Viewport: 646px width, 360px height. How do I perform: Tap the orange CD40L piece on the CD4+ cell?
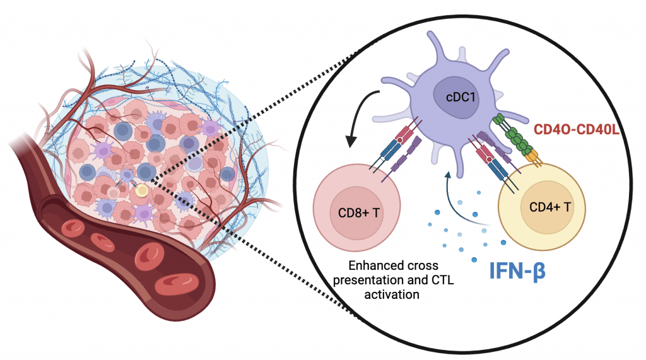point(535,155)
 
